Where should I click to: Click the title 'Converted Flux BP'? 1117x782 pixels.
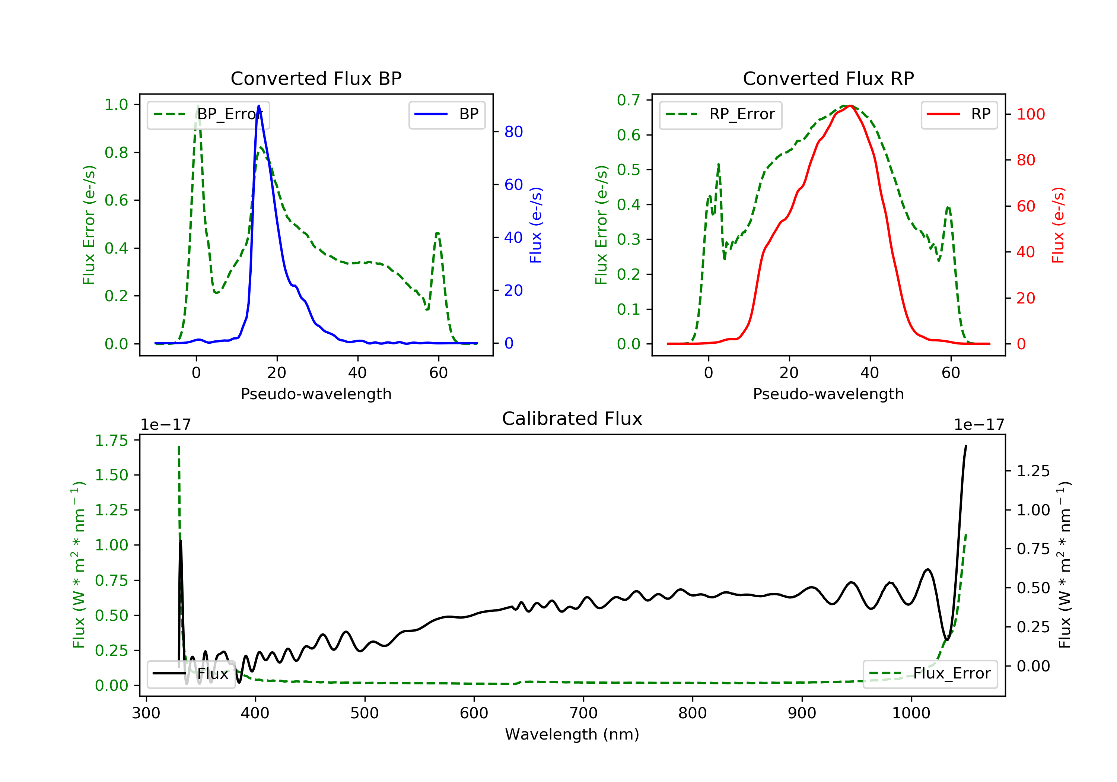[x=316, y=78]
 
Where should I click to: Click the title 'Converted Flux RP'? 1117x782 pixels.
[x=828, y=78]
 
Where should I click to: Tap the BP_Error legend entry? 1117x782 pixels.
[x=208, y=114]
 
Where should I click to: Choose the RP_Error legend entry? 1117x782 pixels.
[x=720, y=114]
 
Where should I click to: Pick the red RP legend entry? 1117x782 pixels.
[x=959, y=114]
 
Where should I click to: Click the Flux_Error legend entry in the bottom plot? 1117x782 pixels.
[x=930, y=674]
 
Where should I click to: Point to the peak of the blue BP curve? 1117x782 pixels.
[x=258, y=106]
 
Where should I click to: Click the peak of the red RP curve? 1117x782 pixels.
[x=849, y=106]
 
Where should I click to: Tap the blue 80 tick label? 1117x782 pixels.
[x=513, y=132]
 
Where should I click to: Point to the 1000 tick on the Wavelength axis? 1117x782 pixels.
[x=911, y=713]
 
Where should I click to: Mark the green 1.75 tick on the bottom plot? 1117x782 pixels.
[x=111, y=441]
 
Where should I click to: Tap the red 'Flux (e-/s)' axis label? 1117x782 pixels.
[x=1058, y=225]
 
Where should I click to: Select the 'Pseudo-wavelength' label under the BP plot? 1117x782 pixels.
[x=316, y=394]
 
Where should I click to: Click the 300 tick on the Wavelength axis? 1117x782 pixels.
[x=146, y=713]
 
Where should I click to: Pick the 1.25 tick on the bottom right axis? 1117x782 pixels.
[x=1033, y=471]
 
